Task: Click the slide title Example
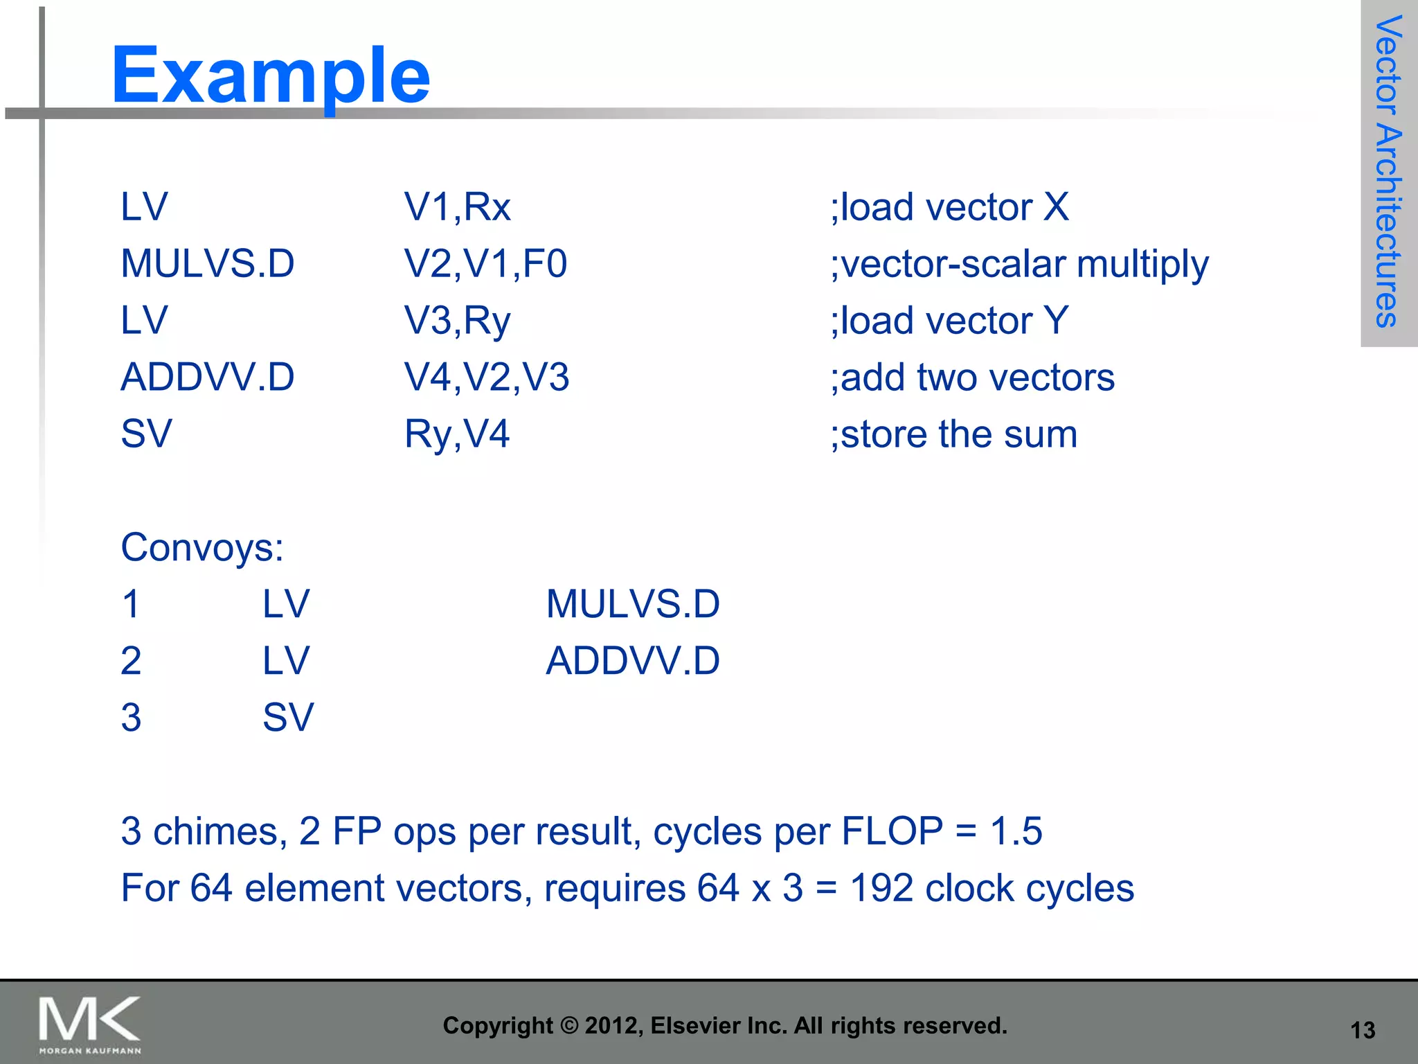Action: pos(270,75)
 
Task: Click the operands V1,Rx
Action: pos(457,207)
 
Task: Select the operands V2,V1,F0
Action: pos(485,264)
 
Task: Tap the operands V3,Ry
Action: pos(457,321)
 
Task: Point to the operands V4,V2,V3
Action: pos(486,378)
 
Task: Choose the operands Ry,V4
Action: pos(457,434)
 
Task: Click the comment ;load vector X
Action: pos(949,207)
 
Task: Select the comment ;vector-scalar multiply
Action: pos(1019,264)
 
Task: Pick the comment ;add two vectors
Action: pos(972,378)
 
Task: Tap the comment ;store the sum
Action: pos(953,434)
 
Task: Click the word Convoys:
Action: pos(202,547)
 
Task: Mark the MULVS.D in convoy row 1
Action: pos(633,604)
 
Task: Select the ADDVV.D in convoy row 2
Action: pos(633,661)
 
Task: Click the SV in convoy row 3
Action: pos(288,718)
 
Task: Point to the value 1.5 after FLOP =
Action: pos(1016,831)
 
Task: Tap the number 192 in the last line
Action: pos(881,888)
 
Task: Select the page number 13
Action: pos(1363,1030)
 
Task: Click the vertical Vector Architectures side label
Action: pos(1388,171)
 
